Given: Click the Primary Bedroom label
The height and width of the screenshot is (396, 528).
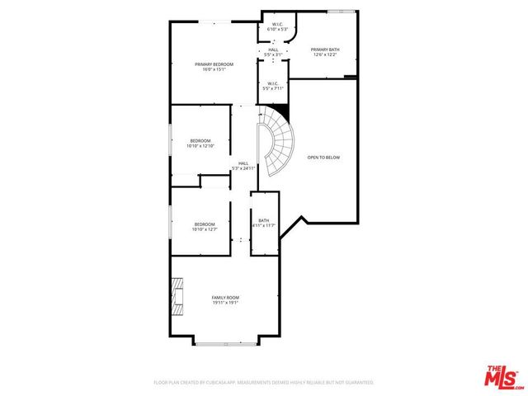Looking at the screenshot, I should coord(214,64).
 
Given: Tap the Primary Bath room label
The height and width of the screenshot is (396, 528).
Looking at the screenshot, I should coord(324,49).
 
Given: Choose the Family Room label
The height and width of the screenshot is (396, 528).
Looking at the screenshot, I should coord(225,297).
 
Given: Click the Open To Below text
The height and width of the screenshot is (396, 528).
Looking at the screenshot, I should coord(323,157).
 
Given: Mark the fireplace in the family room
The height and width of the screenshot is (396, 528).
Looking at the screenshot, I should coord(177,297).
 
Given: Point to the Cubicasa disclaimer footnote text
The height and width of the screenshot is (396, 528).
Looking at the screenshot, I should coord(264,383).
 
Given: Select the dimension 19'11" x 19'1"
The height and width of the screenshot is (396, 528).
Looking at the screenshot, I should coord(225,302).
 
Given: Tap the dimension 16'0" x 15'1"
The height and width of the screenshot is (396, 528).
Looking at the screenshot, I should coord(214,69).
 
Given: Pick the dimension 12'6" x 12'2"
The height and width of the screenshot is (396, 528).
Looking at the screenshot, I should coord(324,54).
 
